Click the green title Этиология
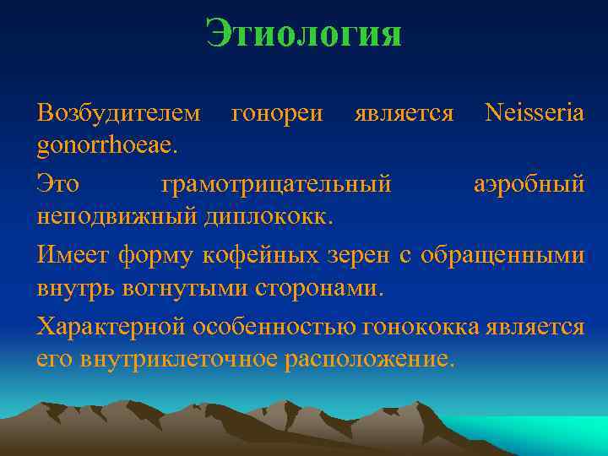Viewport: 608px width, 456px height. (x=303, y=35)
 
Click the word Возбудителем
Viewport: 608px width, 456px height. (x=119, y=112)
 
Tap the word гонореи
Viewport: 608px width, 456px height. (x=277, y=112)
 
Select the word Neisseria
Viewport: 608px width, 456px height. (x=535, y=112)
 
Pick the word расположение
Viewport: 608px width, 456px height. (x=370, y=358)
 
